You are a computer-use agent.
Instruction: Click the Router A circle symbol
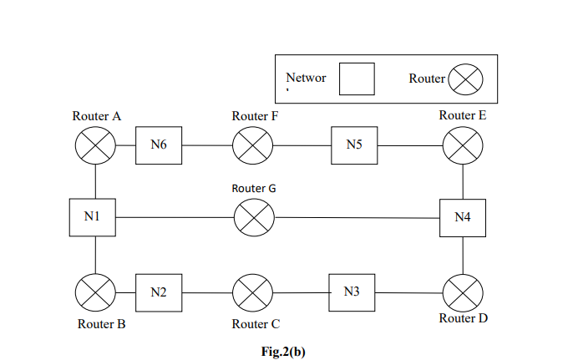point(96,145)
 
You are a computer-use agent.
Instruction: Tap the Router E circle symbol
point(462,145)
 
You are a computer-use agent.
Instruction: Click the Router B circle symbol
point(96,292)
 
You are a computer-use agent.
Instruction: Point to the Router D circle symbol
point(462,292)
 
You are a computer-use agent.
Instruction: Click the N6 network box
point(159,145)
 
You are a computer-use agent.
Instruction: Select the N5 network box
point(353,145)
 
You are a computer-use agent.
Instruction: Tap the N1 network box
point(93,218)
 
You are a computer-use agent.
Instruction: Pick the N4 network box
point(463,218)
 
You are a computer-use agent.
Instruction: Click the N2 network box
point(159,292)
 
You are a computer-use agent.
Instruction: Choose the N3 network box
point(352,292)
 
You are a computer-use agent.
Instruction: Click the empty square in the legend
point(356,79)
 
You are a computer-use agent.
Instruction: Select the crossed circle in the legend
point(466,80)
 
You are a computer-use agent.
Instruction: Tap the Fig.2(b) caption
point(283,351)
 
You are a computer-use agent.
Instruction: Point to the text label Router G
point(254,189)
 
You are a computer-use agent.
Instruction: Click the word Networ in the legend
point(306,78)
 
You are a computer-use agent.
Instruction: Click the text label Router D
point(464,318)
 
